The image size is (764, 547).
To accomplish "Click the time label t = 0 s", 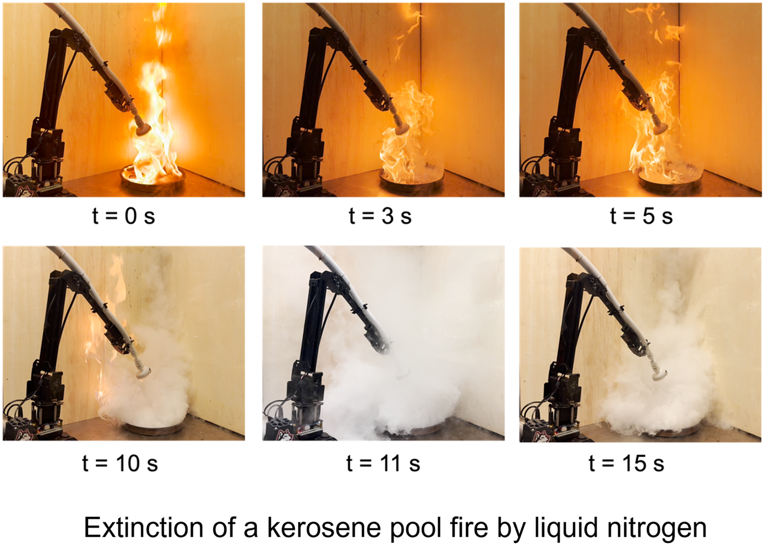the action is click(x=123, y=216).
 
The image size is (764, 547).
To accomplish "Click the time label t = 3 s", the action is click(x=380, y=216).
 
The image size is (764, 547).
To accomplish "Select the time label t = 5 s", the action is click(x=641, y=216).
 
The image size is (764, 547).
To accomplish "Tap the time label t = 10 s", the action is click(x=120, y=463).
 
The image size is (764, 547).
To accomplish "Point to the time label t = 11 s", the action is click(x=383, y=463).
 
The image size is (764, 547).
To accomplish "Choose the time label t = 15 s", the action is click(x=626, y=463).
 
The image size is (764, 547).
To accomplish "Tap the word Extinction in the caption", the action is click(x=144, y=527).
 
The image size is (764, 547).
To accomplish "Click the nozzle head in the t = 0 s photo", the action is click(x=143, y=129).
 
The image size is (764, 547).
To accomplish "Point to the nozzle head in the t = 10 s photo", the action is click(x=144, y=373).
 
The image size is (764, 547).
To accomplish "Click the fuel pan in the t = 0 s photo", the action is click(x=153, y=179).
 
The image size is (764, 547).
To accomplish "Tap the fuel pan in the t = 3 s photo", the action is click(x=411, y=179).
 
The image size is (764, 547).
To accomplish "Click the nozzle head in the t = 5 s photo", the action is click(x=660, y=127).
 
